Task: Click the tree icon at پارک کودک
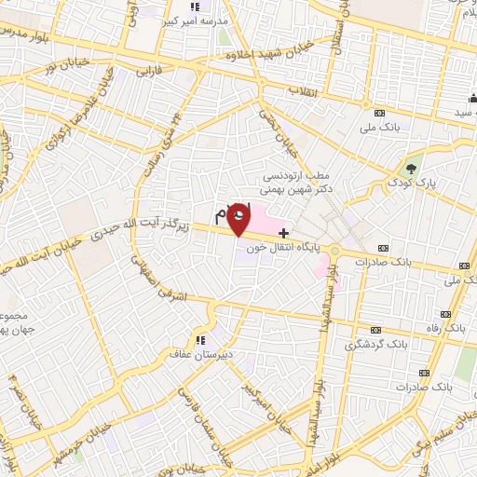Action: (x=411, y=169)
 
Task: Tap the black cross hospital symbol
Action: (x=283, y=231)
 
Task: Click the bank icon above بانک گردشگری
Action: (x=375, y=330)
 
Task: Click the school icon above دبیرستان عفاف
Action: (x=198, y=339)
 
